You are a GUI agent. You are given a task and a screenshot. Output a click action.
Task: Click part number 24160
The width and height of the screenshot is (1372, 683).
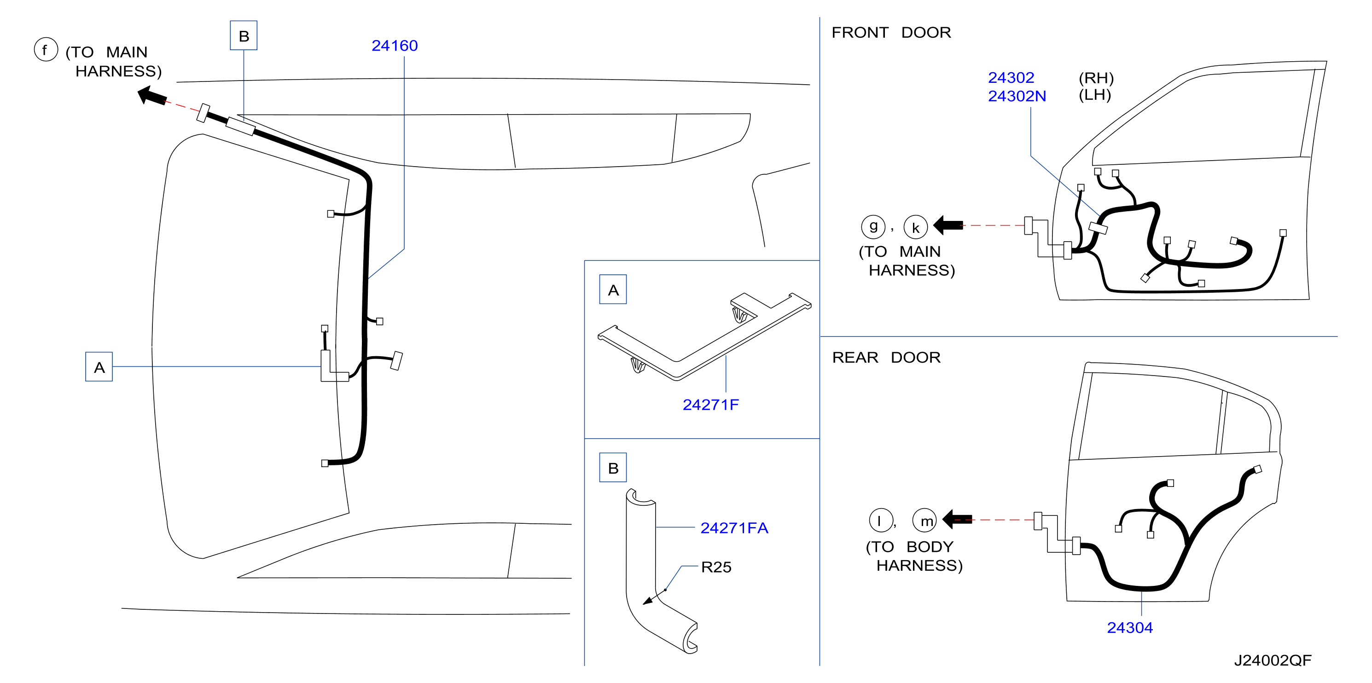click(x=394, y=46)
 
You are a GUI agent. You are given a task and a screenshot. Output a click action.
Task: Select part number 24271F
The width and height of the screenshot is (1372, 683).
click(x=710, y=405)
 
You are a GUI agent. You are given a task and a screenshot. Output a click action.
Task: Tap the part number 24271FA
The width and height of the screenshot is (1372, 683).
click(x=734, y=528)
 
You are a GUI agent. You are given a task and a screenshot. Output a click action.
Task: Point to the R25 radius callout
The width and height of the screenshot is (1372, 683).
click(x=716, y=567)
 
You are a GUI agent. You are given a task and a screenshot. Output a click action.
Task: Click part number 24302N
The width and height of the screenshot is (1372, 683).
click(x=1017, y=96)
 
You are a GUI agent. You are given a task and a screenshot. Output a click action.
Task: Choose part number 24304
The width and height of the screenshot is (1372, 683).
click(x=1130, y=628)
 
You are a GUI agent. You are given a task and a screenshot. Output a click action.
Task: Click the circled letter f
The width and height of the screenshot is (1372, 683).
click(x=46, y=50)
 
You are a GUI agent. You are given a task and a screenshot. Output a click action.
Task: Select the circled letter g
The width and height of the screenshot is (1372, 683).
click(x=873, y=227)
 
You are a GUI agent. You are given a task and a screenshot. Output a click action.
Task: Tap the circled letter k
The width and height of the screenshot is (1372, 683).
click(x=916, y=227)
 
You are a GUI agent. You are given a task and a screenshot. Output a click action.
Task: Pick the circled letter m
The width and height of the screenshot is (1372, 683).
click(x=924, y=521)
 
